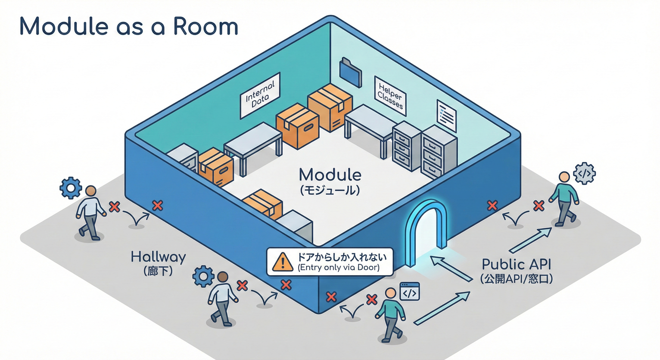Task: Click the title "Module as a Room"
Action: coord(128,27)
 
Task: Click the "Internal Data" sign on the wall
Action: coord(260,95)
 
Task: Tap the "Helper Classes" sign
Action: coord(390,93)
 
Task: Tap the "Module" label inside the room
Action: coord(330,175)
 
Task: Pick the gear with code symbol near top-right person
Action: coord(585,173)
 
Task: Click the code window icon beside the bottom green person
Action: coord(409,292)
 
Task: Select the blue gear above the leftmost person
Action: coord(71,188)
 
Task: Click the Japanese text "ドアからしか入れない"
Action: coord(338,257)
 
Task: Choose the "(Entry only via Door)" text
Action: coord(338,268)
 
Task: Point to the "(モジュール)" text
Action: coord(330,190)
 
